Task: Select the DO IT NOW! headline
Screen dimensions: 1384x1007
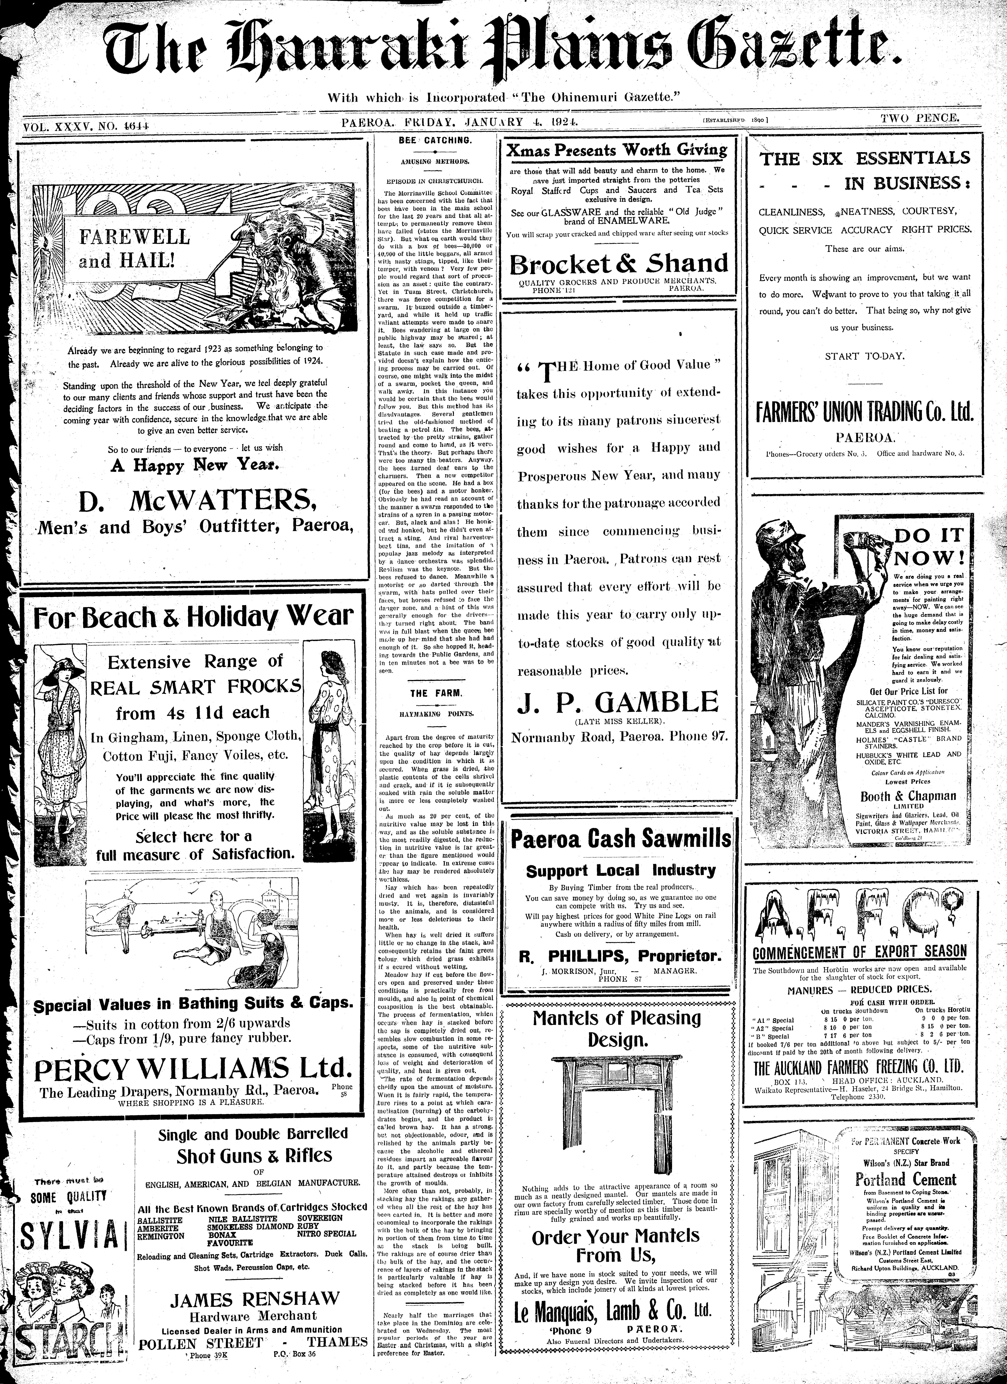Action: coord(928,546)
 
